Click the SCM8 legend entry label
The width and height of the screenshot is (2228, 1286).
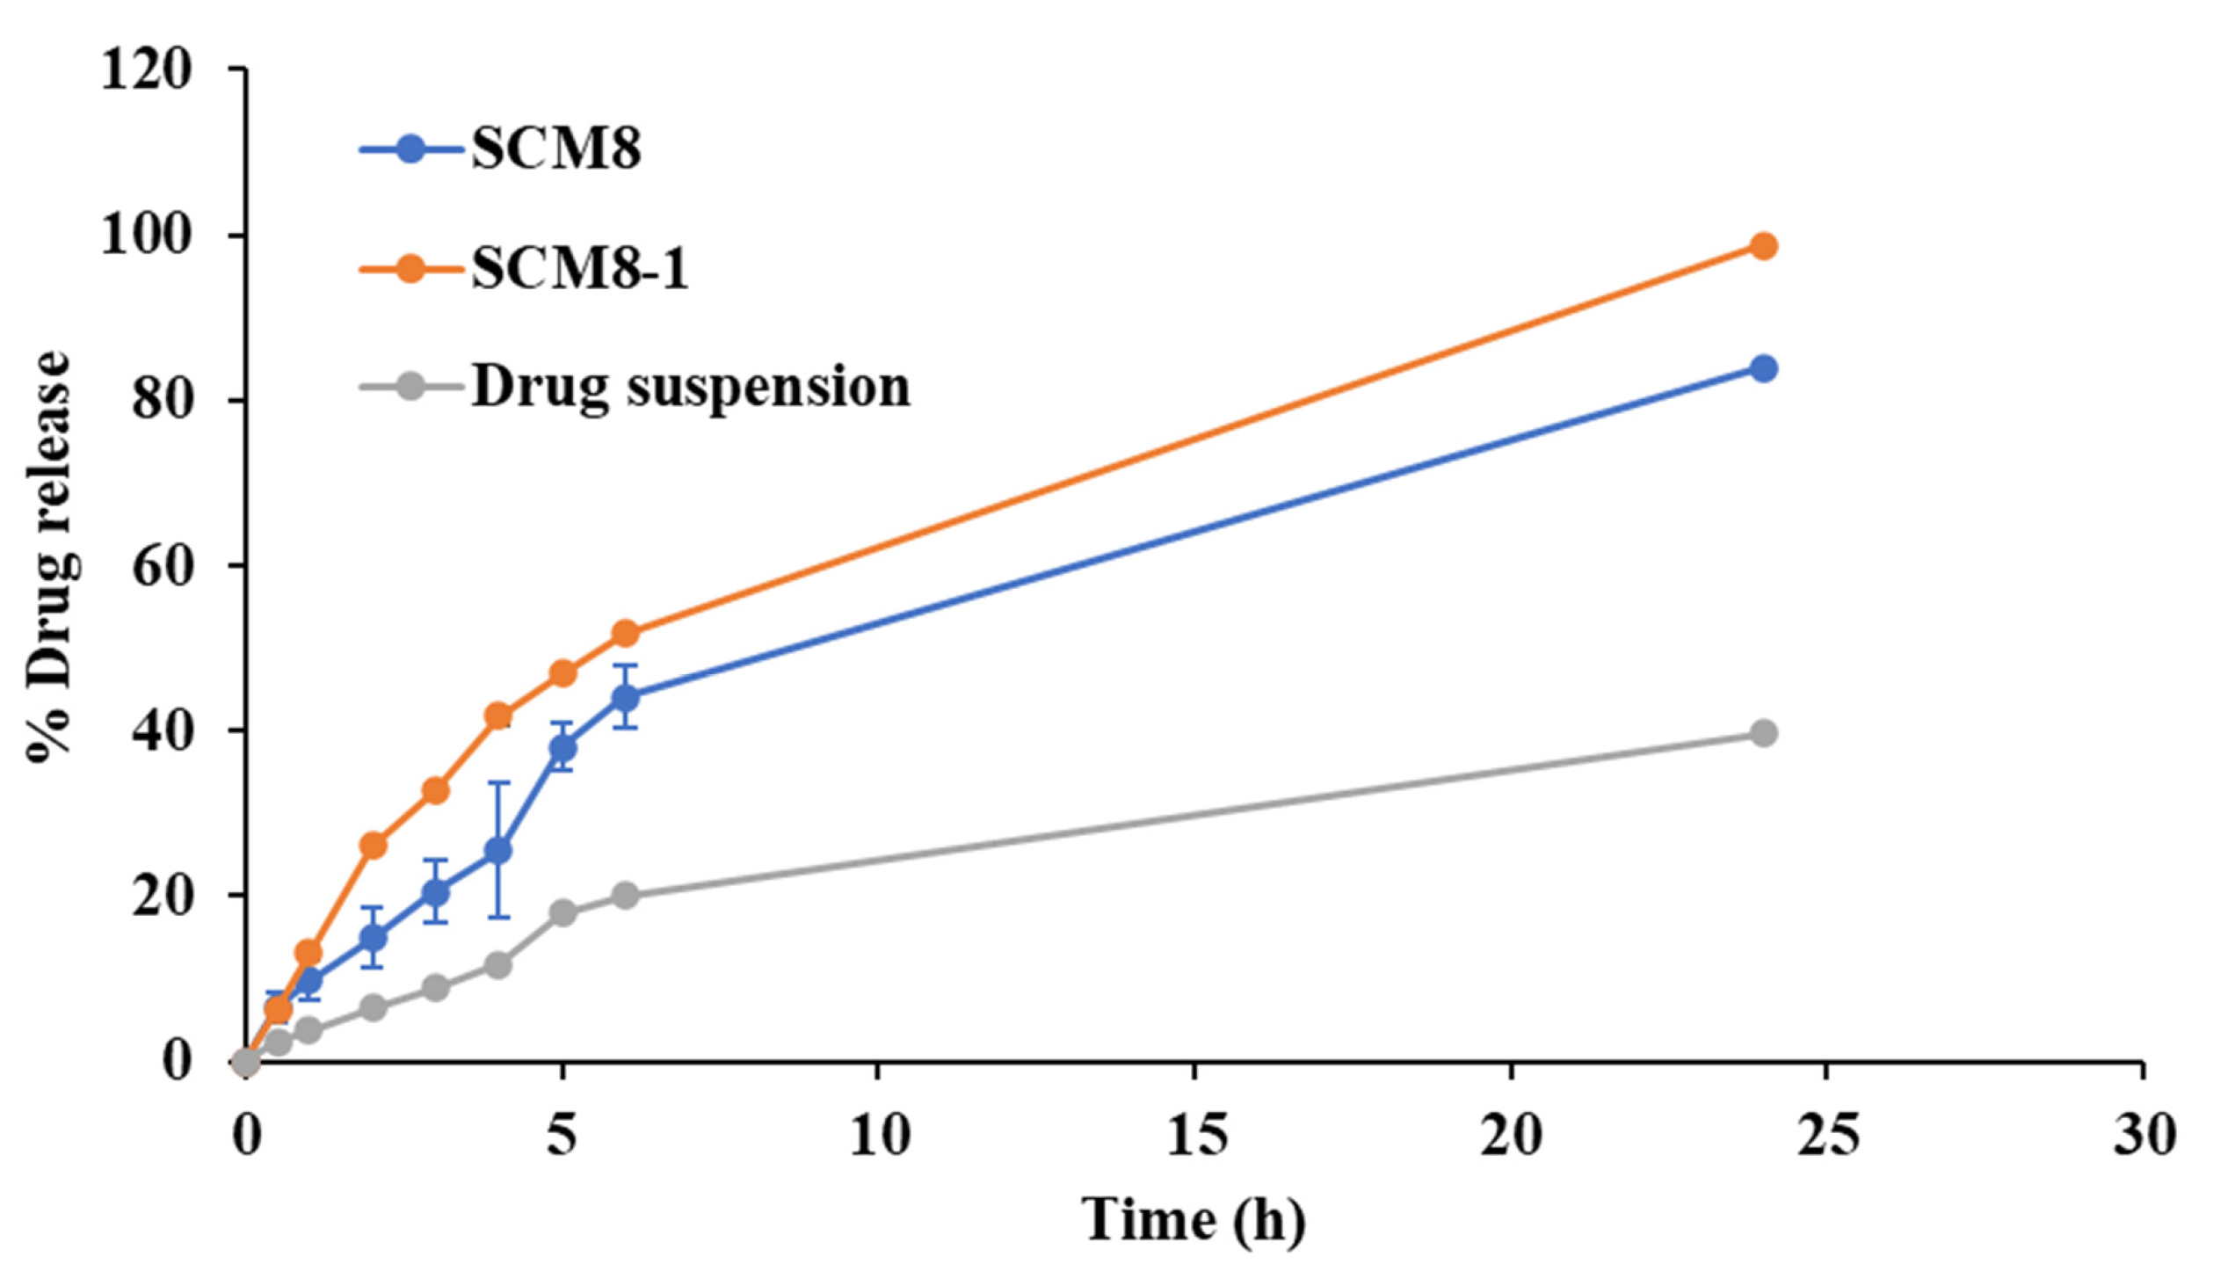pyautogui.click(x=555, y=149)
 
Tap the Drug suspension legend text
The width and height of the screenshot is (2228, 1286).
pyautogui.click(x=690, y=386)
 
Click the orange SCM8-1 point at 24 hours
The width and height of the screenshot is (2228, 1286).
pyautogui.click(x=1762, y=246)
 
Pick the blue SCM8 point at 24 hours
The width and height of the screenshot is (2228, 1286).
pyautogui.click(x=1762, y=368)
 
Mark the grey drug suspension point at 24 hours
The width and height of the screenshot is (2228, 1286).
pyautogui.click(x=1762, y=733)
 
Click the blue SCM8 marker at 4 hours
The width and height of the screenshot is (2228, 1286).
pyautogui.click(x=498, y=851)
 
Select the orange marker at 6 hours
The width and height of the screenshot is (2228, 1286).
pyautogui.click(x=625, y=632)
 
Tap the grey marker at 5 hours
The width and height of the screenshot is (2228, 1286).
pyautogui.click(x=562, y=912)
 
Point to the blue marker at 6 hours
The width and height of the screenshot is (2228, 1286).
pyautogui.click(x=625, y=697)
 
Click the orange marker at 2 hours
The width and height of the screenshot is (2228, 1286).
pyautogui.click(x=373, y=846)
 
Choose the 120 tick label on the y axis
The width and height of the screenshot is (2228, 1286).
pyautogui.click(x=146, y=69)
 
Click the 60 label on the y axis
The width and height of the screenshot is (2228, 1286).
pyautogui.click(x=162, y=565)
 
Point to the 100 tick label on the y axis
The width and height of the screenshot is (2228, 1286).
pyautogui.click(x=146, y=236)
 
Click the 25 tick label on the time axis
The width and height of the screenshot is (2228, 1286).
pyautogui.click(x=1827, y=1137)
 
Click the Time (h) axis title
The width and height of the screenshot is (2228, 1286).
pyautogui.click(x=1193, y=1222)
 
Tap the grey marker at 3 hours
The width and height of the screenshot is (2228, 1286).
pyautogui.click(x=435, y=987)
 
